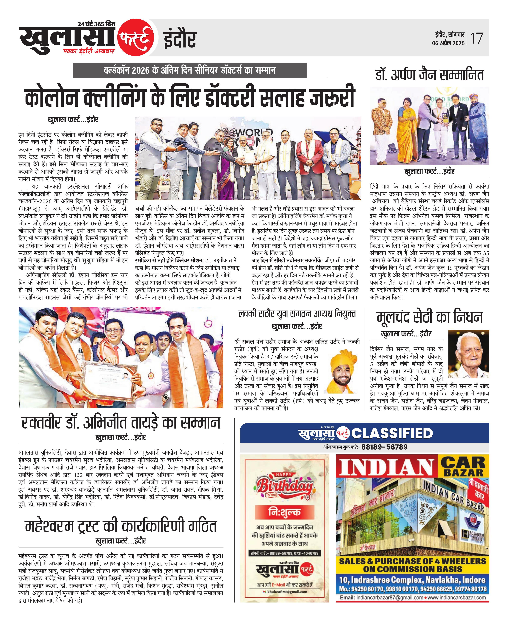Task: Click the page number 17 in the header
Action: tap(477, 38)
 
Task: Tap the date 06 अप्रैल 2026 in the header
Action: tap(448, 43)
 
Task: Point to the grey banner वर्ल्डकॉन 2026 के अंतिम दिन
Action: tap(190, 70)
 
